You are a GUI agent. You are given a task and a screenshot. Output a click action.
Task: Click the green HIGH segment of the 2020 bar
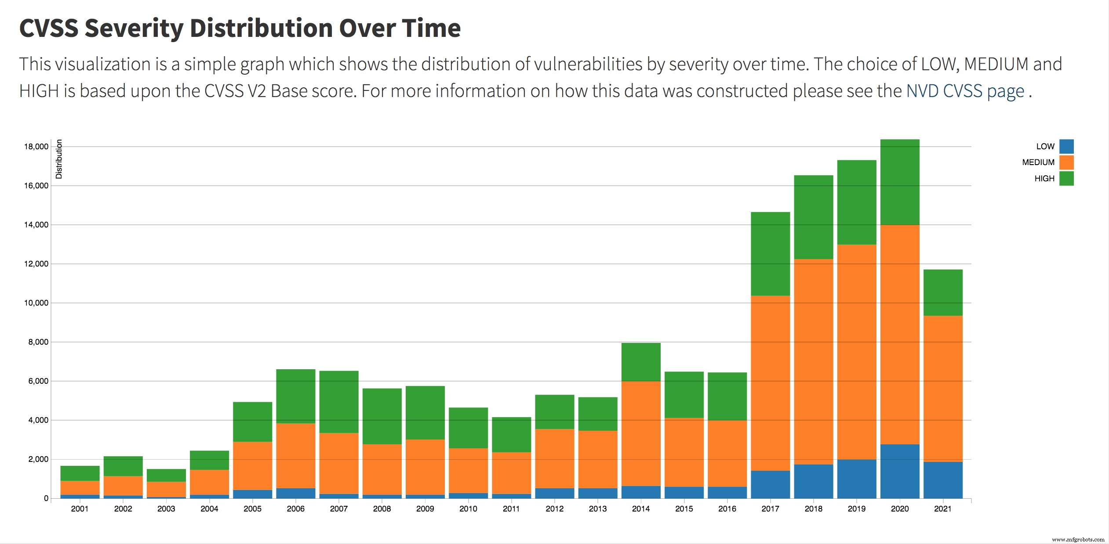coord(900,182)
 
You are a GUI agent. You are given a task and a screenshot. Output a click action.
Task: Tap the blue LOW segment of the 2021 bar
coord(943,480)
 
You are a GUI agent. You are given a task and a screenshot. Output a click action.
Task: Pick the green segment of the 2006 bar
coord(295,396)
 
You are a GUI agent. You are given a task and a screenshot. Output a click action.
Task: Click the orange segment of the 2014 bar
coord(641,433)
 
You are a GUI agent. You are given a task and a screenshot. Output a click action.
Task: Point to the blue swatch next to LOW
coord(1066,146)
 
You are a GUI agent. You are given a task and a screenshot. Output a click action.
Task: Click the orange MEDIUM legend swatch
coord(1066,162)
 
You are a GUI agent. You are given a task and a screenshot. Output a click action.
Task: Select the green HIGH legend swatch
coord(1066,178)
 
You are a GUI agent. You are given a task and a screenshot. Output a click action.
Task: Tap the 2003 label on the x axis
coord(166,509)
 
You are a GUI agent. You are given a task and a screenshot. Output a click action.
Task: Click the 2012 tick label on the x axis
coord(554,509)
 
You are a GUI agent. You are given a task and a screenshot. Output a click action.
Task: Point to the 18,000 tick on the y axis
coord(36,147)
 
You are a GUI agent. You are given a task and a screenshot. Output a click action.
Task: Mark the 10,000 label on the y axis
coord(36,303)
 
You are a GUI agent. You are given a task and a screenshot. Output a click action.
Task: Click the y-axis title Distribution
coord(59,159)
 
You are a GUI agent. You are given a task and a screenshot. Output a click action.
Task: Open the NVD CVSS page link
coord(965,91)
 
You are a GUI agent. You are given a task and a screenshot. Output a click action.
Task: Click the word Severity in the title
coord(134,28)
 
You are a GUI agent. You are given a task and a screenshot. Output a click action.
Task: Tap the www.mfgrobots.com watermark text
coord(1078,540)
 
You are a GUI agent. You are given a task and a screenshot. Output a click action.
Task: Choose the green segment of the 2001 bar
coord(80,473)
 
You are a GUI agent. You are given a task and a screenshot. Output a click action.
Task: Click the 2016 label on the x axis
coord(727,509)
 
